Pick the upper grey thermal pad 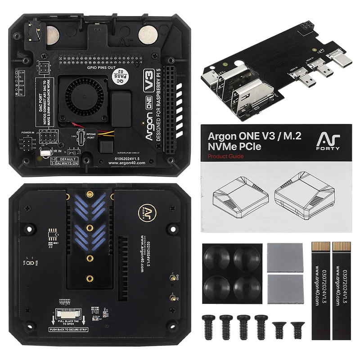(x=280, y=256)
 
